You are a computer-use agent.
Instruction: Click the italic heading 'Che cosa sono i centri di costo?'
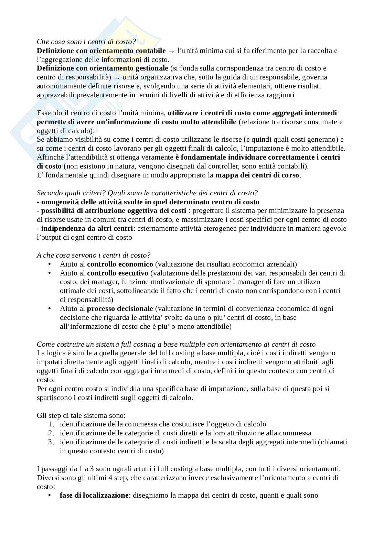(x=86, y=42)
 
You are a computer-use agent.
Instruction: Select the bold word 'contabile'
(x=152, y=51)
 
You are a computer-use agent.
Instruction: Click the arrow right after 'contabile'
(x=172, y=51)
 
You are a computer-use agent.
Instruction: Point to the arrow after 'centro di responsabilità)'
(x=117, y=77)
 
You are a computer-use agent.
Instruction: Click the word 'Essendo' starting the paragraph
(x=49, y=113)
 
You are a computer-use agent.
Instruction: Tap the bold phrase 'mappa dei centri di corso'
(x=258, y=175)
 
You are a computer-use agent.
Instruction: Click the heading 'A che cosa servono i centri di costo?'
(x=94, y=255)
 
